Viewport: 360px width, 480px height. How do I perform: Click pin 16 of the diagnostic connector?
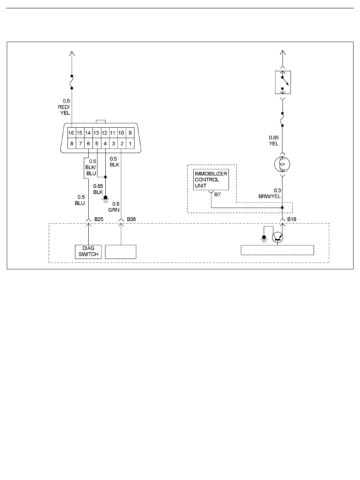coord(72,133)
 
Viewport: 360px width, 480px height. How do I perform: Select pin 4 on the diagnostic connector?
coord(105,144)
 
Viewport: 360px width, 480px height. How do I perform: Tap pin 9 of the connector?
coord(130,133)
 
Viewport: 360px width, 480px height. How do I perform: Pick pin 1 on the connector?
coord(130,144)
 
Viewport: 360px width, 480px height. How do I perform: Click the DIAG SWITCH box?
coord(88,252)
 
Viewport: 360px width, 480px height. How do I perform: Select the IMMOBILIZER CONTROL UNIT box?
coord(211,180)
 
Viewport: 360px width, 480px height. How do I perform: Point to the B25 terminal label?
coord(99,219)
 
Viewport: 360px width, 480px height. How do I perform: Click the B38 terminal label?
coord(131,219)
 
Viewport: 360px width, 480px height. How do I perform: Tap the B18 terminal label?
coord(291,219)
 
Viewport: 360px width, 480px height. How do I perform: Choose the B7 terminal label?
coord(218,194)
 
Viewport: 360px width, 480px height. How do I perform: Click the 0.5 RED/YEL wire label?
coord(64,107)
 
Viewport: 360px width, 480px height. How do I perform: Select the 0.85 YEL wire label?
coord(274,141)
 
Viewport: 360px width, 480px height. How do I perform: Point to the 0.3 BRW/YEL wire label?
coord(270,193)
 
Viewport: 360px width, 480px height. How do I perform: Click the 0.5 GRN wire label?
coord(114,207)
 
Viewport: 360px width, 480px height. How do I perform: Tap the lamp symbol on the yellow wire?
coord(282,164)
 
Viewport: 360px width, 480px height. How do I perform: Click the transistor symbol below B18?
coord(277,238)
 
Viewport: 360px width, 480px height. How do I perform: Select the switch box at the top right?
coord(283,82)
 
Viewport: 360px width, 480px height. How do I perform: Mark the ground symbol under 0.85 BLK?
coord(105,199)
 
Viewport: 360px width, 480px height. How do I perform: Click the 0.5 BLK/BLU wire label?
coord(91,167)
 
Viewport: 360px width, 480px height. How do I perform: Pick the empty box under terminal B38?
coord(121,252)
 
